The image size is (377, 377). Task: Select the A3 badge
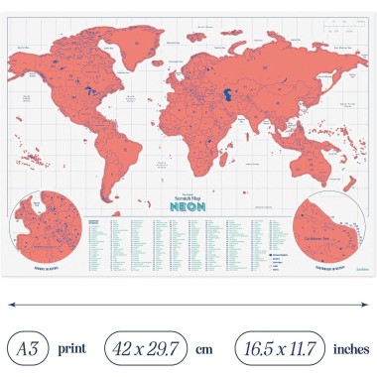click(31, 348)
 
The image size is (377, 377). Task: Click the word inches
click(351, 348)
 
